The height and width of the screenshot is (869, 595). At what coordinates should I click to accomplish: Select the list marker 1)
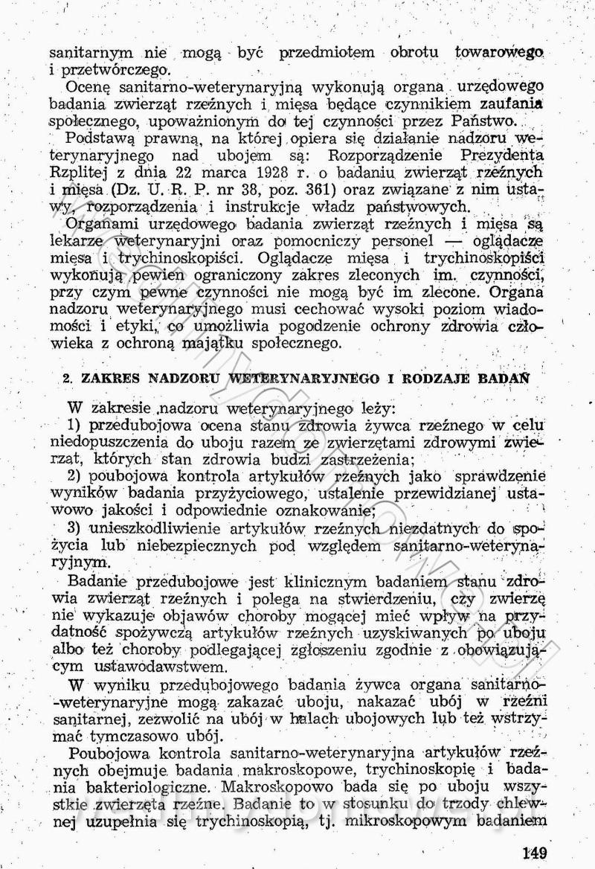[x=74, y=426]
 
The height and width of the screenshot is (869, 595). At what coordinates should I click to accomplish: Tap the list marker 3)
[x=74, y=528]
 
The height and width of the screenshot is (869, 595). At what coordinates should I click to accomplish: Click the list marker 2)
[x=74, y=476]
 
